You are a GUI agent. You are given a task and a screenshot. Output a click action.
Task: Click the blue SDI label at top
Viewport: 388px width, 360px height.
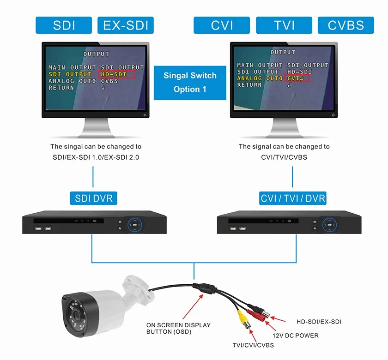(64, 25)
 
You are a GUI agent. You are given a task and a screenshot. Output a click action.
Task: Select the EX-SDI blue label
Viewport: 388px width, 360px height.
(126, 25)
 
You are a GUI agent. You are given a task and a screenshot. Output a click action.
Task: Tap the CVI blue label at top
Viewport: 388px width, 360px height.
(222, 25)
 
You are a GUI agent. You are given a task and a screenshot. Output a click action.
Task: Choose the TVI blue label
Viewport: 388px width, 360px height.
(284, 25)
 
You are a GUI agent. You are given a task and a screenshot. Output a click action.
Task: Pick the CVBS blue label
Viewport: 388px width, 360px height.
(346, 25)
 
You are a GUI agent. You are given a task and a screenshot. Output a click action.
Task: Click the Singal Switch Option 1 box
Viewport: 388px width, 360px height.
(190, 83)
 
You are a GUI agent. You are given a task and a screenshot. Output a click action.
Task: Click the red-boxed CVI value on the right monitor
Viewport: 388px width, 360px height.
(297, 78)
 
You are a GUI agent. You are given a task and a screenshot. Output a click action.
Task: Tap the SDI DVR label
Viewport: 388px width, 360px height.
(93, 198)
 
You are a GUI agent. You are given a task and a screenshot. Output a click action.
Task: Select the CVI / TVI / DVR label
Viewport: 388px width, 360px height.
(292, 198)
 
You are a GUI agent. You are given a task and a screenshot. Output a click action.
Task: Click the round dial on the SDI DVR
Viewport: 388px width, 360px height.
(134, 225)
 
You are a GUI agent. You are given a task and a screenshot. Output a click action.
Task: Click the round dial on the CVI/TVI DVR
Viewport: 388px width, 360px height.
(329, 225)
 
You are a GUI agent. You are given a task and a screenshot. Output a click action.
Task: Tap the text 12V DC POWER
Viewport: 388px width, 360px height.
(296, 336)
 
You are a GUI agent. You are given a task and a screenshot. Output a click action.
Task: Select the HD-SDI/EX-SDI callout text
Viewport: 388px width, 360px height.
(319, 322)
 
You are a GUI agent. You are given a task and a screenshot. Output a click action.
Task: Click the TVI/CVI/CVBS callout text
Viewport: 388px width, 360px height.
(253, 345)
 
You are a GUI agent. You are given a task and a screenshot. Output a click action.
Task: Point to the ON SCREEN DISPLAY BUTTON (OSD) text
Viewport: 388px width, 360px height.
(178, 328)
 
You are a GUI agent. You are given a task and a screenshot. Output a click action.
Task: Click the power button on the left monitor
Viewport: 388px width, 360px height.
(145, 115)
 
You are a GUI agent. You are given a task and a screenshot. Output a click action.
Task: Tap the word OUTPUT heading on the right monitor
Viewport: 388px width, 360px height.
(283, 52)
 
